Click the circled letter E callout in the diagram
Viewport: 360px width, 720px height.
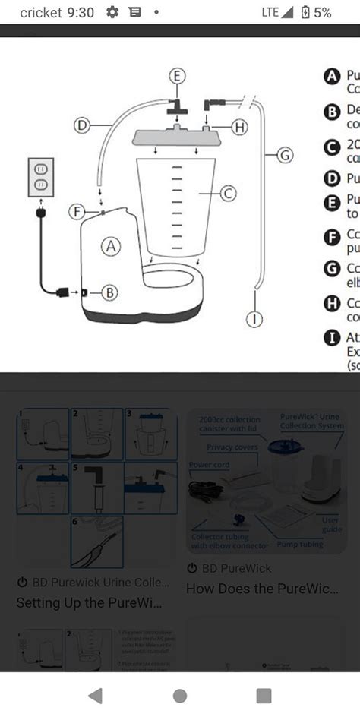(176, 76)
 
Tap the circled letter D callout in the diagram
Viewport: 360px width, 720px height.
(83, 124)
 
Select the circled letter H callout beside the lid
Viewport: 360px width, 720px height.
(238, 128)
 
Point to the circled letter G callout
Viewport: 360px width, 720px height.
(284, 155)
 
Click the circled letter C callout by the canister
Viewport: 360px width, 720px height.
(227, 194)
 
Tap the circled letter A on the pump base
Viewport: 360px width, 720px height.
(112, 246)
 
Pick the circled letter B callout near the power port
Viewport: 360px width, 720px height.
(109, 292)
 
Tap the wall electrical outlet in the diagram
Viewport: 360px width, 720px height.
(41, 177)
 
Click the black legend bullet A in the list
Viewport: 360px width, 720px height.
(331, 76)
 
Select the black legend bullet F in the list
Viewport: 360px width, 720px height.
(331, 236)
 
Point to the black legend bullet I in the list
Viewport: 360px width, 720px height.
(331, 337)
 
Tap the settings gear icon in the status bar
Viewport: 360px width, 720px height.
(112, 12)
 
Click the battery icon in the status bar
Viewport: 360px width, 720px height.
(305, 13)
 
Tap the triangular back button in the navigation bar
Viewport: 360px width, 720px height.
(95, 695)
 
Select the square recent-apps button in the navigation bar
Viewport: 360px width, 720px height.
(264, 695)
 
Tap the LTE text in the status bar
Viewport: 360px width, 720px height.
(270, 13)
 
